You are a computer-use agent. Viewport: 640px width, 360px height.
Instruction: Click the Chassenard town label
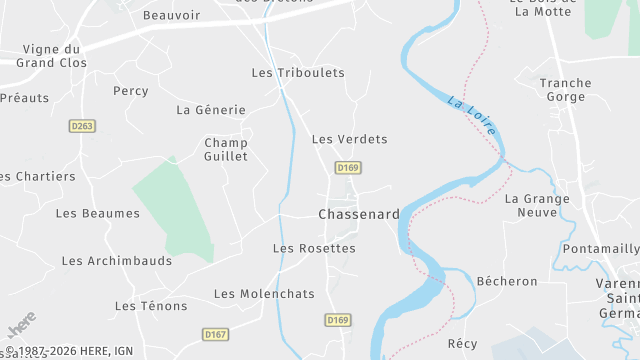(x=359, y=214)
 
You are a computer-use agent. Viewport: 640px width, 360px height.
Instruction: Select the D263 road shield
(x=82, y=126)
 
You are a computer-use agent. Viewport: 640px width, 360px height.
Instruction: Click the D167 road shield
(x=215, y=334)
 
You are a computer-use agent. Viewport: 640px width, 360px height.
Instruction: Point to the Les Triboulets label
(x=297, y=73)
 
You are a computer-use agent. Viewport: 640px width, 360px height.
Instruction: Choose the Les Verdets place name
(x=349, y=139)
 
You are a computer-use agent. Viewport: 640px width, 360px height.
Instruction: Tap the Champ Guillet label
(x=225, y=149)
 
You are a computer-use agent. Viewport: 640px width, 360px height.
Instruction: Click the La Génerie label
(x=210, y=110)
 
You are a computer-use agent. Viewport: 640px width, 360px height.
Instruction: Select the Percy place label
(x=131, y=91)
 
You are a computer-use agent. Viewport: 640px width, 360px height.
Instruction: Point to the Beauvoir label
(x=172, y=16)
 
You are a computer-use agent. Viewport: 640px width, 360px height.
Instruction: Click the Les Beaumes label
(x=98, y=213)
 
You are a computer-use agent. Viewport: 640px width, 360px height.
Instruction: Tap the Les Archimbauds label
(x=117, y=261)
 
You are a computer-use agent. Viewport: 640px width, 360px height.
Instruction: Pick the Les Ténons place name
(x=151, y=306)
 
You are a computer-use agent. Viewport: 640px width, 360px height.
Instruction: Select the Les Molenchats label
(x=264, y=294)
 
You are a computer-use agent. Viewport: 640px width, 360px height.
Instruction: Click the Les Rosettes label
(x=314, y=248)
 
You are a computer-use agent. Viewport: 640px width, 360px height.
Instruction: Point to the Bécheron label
(x=507, y=281)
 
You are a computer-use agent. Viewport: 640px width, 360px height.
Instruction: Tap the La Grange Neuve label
(x=537, y=205)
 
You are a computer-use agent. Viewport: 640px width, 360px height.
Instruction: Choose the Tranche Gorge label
(x=566, y=90)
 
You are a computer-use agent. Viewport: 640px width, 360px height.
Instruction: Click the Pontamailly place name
(x=601, y=248)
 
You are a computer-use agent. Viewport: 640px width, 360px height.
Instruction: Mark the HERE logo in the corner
(x=21, y=327)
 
